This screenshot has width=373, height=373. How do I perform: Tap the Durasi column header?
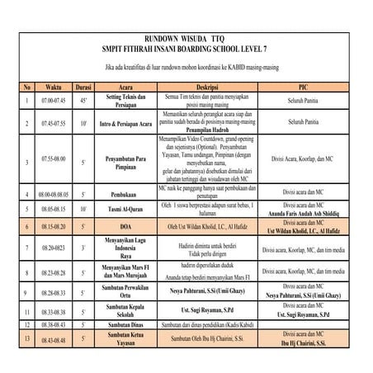click(83, 86)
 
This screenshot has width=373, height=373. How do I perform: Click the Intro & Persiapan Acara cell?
click(125, 123)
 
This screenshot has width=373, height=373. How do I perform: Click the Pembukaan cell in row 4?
click(125, 194)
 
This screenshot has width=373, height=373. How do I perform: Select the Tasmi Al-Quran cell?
click(125, 210)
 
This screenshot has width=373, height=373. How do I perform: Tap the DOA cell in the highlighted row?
click(125, 225)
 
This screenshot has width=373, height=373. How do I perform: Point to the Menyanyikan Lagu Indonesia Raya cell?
click(125, 247)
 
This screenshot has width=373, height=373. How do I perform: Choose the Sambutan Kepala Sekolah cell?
click(125, 312)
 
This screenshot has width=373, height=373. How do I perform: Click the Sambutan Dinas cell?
click(125, 325)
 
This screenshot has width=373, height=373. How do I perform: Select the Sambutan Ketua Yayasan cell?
click(125, 338)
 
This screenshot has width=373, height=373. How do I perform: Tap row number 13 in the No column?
click(27, 338)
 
